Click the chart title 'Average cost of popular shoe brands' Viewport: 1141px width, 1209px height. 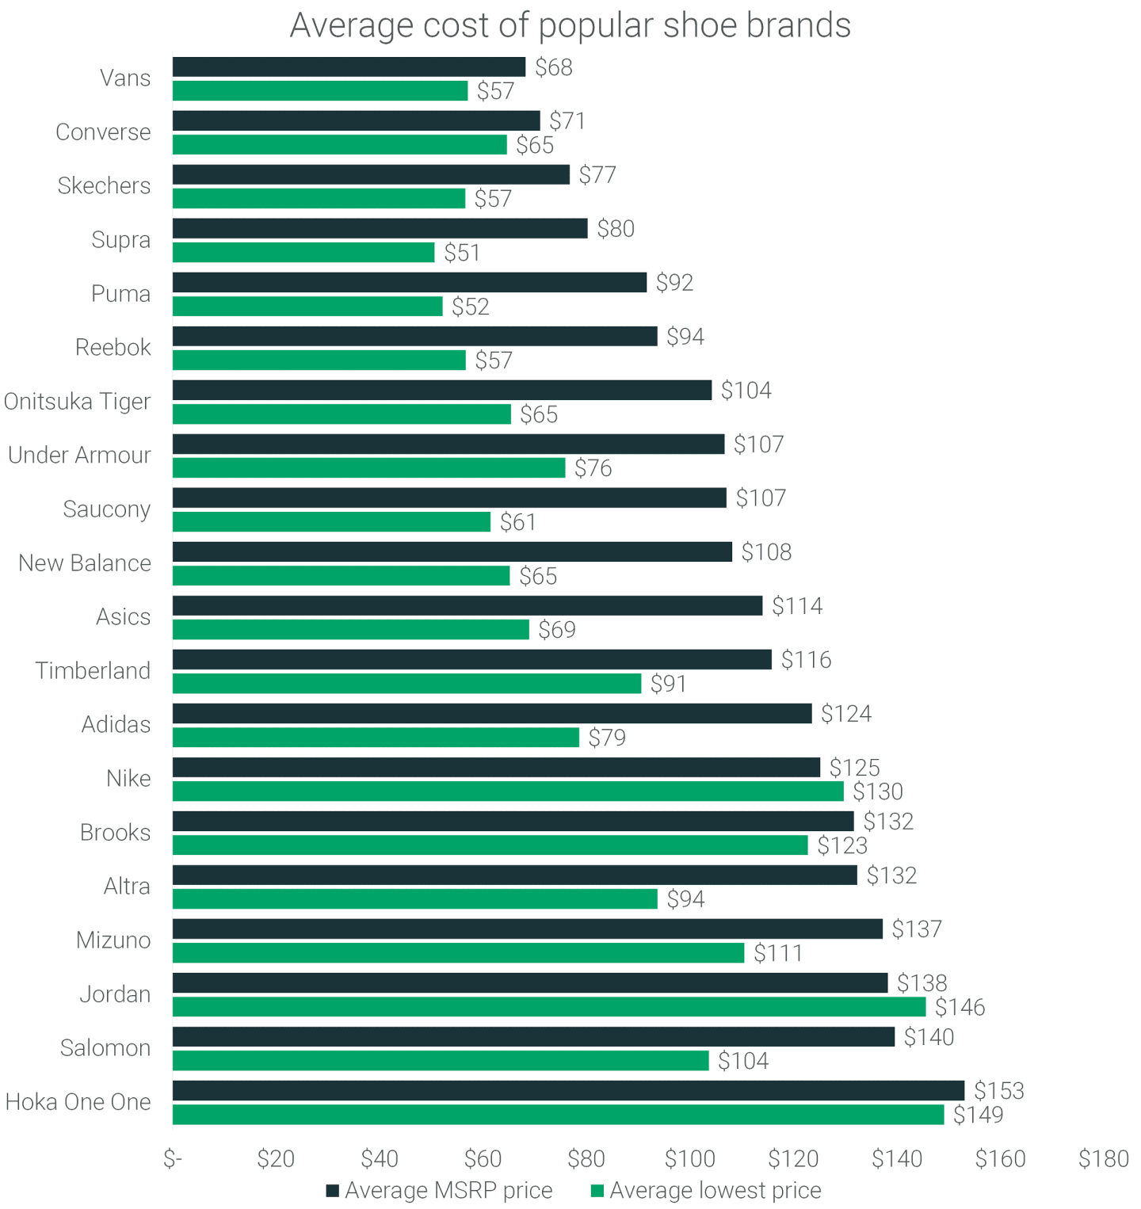click(x=570, y=25)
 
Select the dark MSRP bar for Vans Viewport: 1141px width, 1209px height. click(x=349, y=67)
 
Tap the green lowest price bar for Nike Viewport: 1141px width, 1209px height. click(x=508, y=791)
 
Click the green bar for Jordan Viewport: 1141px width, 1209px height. click(x=548, y=1007)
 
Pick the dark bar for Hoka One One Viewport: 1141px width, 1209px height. click(x=568, y=1091)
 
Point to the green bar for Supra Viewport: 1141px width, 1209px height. click(x=303, y=253)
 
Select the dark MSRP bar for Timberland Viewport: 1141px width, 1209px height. click(x=471, y=659)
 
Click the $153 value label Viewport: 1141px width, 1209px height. click(x=998, y=1091)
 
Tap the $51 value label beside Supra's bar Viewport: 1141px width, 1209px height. click(x=462, y=253)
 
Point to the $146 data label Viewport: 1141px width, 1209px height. click(x=960, y=1007)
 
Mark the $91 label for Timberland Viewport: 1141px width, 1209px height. click(x=668, y=684)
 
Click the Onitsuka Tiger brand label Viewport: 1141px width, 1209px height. click(x=77, y=402)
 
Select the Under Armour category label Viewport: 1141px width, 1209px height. click(x=79, y=456)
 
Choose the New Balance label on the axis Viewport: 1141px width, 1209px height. click(x=85, y=563)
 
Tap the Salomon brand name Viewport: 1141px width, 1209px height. click(x=105, y=1048)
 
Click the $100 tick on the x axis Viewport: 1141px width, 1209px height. click(x=689, y=1159)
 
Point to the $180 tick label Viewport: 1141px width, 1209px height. click(x=1103, y=1159)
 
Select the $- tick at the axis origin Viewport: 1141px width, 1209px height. click(x=173, y=1159)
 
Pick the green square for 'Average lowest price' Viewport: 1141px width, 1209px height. click(x=597, y=1191)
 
